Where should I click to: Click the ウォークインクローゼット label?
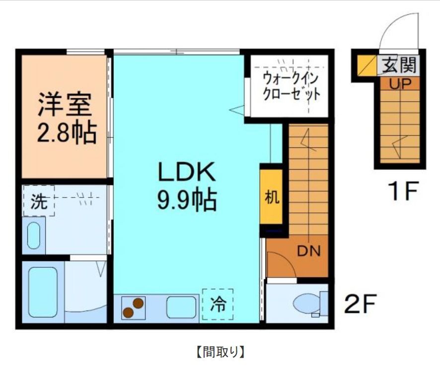[291, 86]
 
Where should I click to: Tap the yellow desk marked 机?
[271, 197]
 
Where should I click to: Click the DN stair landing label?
[308, 251]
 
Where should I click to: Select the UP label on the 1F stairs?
[399, 84]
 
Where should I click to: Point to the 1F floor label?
[403, 191]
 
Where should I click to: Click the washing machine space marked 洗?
[38, 201]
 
